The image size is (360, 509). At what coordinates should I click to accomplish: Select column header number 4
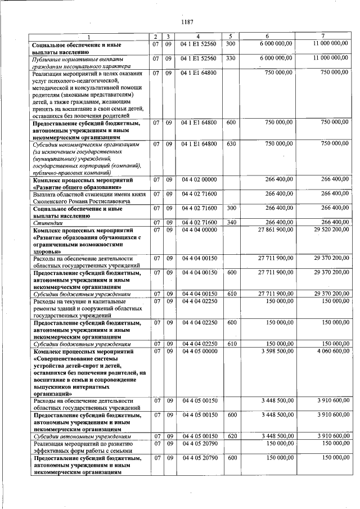pyautogui.click(x=198, y=37)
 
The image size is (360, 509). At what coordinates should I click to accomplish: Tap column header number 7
pyautogui.click(x=322, y=37)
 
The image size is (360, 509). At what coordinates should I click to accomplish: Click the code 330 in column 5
pyautogui.click(x=231, y=58)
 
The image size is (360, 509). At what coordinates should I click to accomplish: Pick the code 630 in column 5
pyautogui.click(x=231, y=144)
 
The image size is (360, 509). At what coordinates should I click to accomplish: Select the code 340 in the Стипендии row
pyautogui.click(x=231, y=223)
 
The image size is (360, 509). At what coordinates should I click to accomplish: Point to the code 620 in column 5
pyautogui.click(x=231, y=436)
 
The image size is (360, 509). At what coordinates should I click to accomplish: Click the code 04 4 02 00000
pyautogui.click(x=199, y=180)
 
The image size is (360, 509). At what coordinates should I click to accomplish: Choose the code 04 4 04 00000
pyautogui.click(x=199, y=230)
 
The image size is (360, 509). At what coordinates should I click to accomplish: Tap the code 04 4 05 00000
pyautogui.click(x=199, y=351)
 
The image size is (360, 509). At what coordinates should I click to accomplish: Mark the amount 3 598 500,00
pyautogui.click(x=277, y=351)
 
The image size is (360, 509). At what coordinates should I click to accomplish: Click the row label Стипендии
pyautogui.click(x=46, y=223)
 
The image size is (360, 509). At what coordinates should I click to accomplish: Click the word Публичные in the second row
pyautogui.click(x=48, y=58)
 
